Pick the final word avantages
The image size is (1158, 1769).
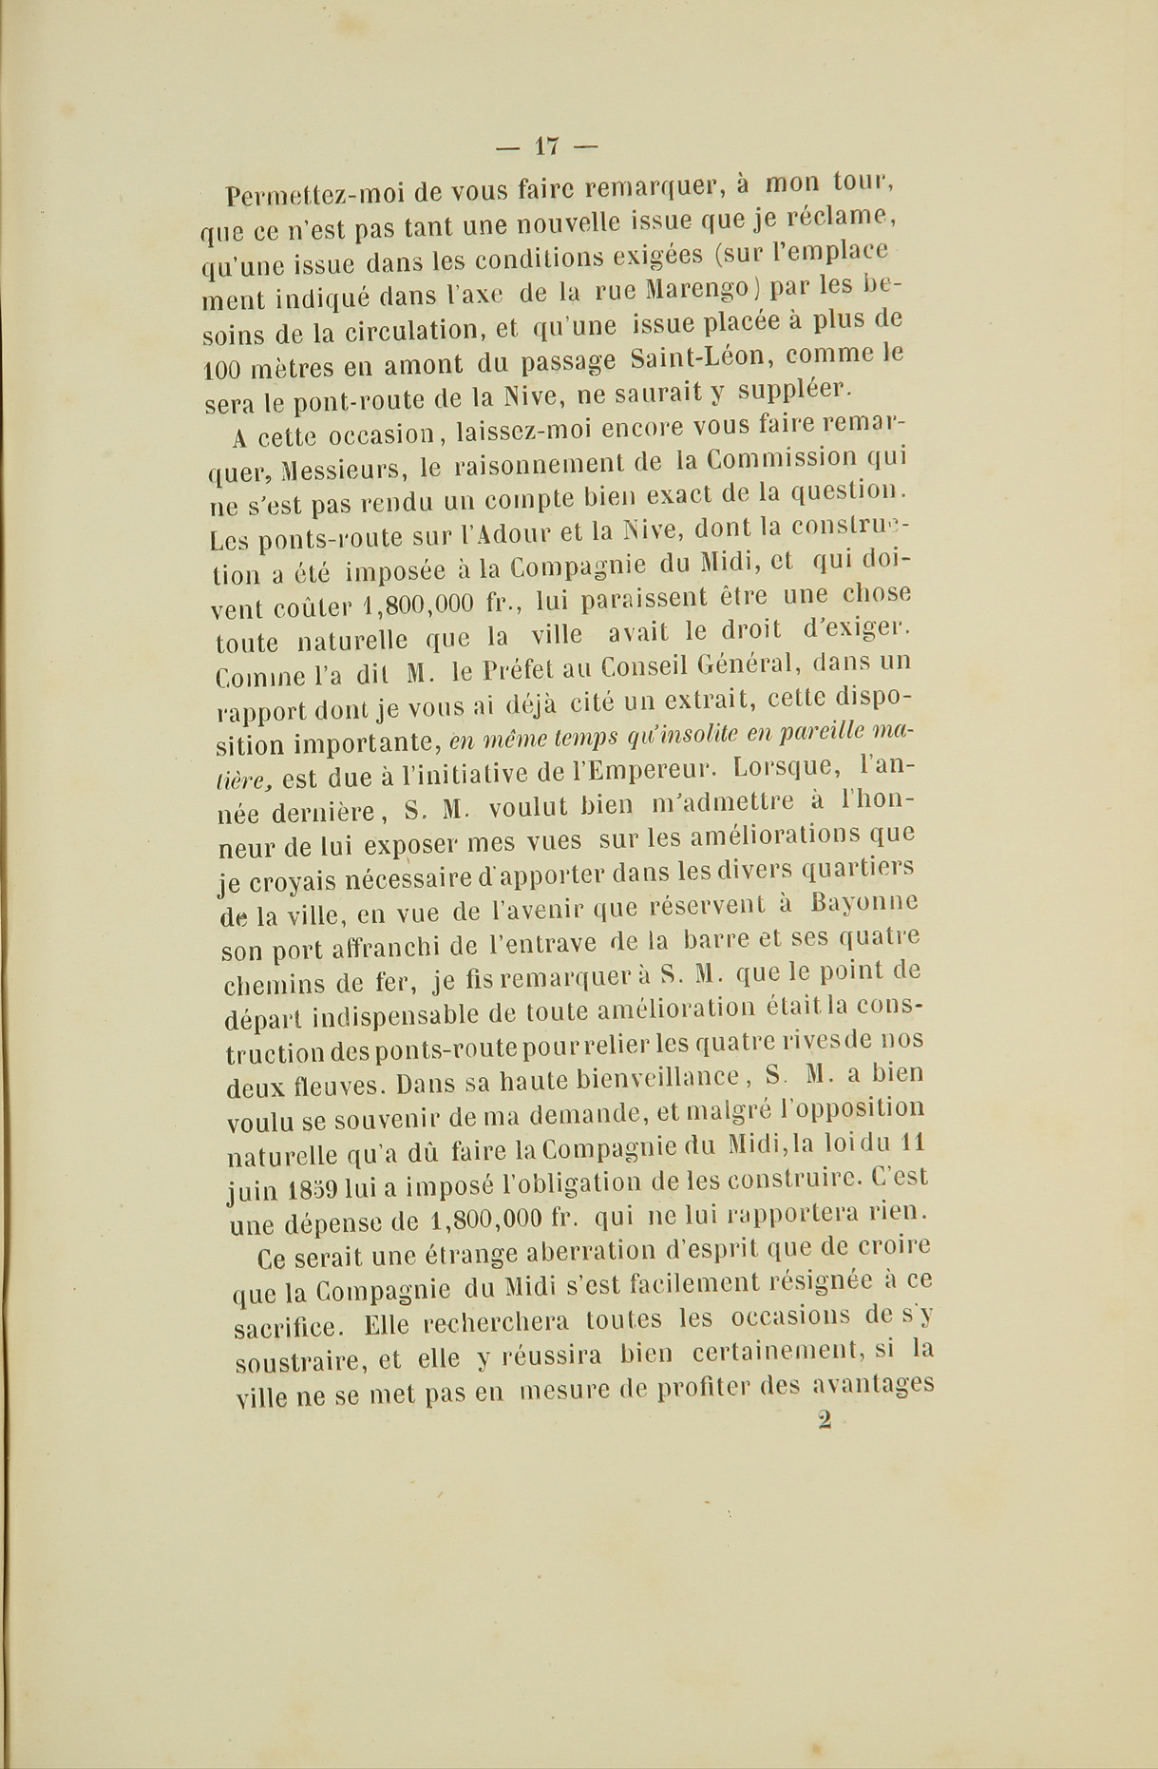pos(874,1387)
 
